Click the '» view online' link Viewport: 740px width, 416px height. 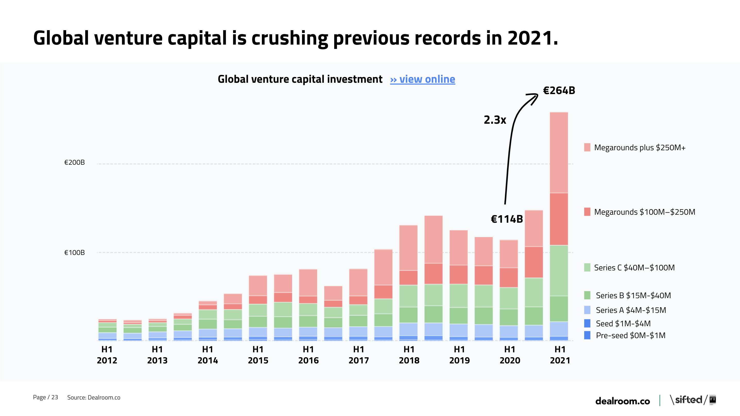422,79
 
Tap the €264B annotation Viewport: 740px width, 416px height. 559,90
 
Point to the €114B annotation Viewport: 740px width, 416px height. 507,219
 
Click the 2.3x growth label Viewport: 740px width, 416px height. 495,120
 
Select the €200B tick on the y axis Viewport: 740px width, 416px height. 74,162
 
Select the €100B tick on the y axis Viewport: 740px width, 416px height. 74,252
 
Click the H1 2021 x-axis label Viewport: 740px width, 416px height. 560,355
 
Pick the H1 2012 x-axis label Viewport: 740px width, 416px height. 107,355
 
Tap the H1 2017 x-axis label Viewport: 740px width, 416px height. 358,355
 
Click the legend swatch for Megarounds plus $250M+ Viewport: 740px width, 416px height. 587,147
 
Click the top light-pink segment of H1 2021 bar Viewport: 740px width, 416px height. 559,152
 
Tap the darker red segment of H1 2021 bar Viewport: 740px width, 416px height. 559,219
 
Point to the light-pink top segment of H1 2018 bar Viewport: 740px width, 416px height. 408,247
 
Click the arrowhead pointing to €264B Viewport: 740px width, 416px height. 534,97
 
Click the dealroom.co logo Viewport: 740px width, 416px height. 622,401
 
